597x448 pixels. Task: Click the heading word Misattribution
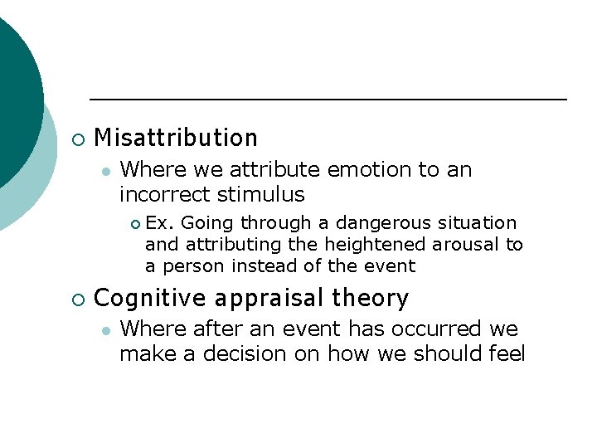[x=176, y=138]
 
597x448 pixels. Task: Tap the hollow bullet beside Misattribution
[x=77, y=139]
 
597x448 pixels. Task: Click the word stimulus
[x=261, y=195]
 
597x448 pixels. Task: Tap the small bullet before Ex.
[x=135, y=223]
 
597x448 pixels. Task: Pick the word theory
[x=371, y=298]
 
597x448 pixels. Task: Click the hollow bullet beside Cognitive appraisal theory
[x=77, y=299]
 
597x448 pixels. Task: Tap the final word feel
[x=507, y=354]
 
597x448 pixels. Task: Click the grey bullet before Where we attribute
[x=104, y=171]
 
